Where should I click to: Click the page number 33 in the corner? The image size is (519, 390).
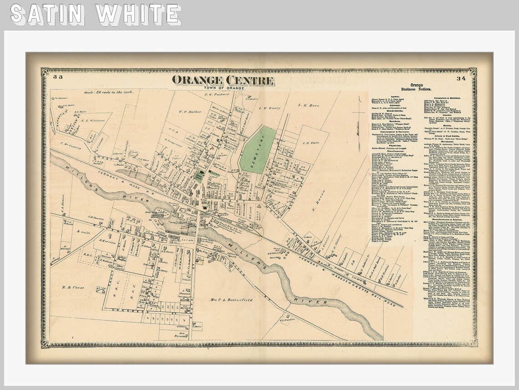[x=57, y=77]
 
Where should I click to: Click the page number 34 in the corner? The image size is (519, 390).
[x=461, y=78]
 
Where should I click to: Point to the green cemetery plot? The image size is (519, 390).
[x=258, y=150]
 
